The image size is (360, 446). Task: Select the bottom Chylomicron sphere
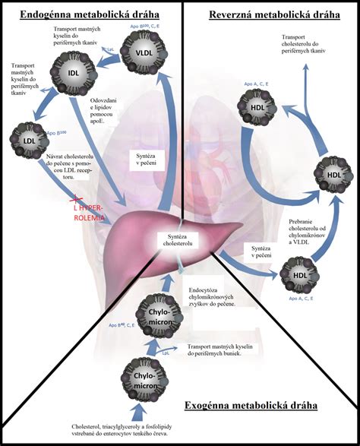click(x=144, y=378)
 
